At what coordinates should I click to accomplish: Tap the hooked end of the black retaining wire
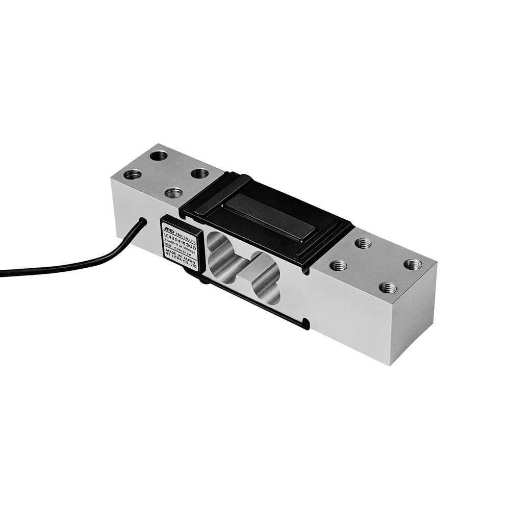[x=305, y=323]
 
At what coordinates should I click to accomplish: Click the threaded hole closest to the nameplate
[x=173, y=193]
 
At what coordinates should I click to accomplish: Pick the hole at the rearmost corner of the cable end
[x=159, y=155]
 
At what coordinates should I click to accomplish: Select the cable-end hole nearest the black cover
[x=199, y=173]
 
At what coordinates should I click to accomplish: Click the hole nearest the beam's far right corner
[x=413, y=264]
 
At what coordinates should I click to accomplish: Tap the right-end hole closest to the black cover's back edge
[x=363, y=243]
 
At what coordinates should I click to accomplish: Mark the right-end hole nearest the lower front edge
[x=388, y=288]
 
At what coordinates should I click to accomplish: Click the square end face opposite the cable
[x=414, y=316]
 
